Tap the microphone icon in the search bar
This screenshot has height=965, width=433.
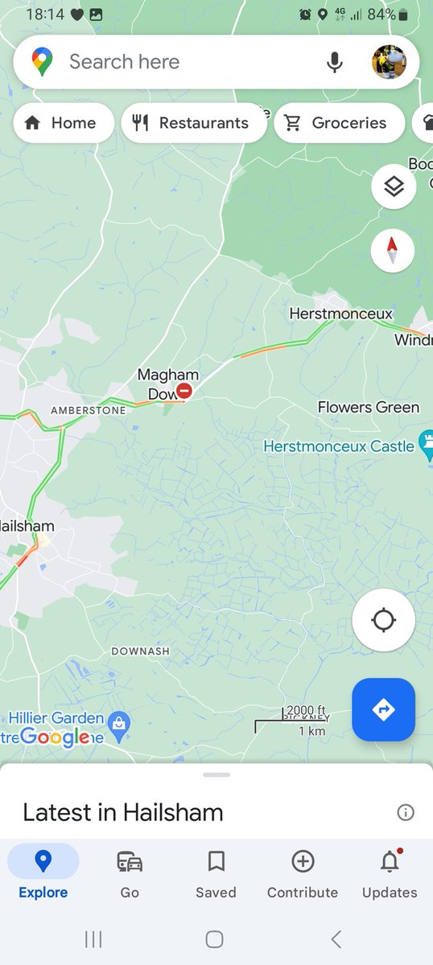pyautogui.click(x=335, y=62)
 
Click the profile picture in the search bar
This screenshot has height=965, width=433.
pyautogui.click(x=389, y=62)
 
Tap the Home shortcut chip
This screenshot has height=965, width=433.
pyautogui.click(x=63, y=123)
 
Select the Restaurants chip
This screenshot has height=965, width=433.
pyautogui.click(x=192, y=123)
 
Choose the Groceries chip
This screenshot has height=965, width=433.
pyautogui.click(x=338, y=123)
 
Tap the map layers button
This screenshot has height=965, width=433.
pyautogui.click(x=393, y=187)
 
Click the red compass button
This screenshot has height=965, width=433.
pyautogui.click(x=393, y=250)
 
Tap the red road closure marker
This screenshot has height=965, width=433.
pyautogui.click(x=184, y=392)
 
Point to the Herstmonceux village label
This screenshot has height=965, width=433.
pyautogui.click(x=340, y=314)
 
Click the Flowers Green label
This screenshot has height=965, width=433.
pyautogui.click(x=368, y=408)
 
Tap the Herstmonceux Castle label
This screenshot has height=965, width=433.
pyautogui.click(x=339, y=446)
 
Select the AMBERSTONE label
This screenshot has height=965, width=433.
pyautogui.click(x=88, y=410)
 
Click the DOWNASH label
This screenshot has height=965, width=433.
pyautogui.click(x=140, y=651)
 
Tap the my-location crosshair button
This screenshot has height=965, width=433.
pyautogui.click(x=384, y=620)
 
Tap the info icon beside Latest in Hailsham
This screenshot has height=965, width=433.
pyautogui.click(x=406, y=812)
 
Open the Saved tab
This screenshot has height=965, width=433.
pyautogui.click(x=216, y=873)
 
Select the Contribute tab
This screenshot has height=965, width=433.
pyautogui.click(x=303, y=873)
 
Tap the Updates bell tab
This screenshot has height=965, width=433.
pyautogui.click(x=390, y=873)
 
